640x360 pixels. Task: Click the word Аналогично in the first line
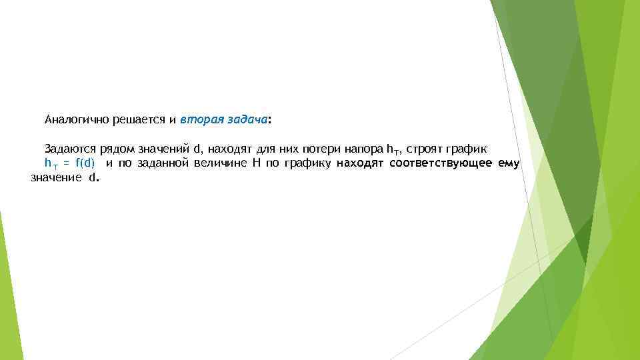[72, 121]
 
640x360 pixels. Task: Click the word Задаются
[71, 147]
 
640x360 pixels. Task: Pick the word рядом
[115, 147]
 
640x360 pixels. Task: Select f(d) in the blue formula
[85, 163]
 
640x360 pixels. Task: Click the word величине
[219, 163]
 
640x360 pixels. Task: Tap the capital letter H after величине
[255, 163]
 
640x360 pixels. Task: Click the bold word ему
[509, 163]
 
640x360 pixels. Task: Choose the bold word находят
[361, 163]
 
